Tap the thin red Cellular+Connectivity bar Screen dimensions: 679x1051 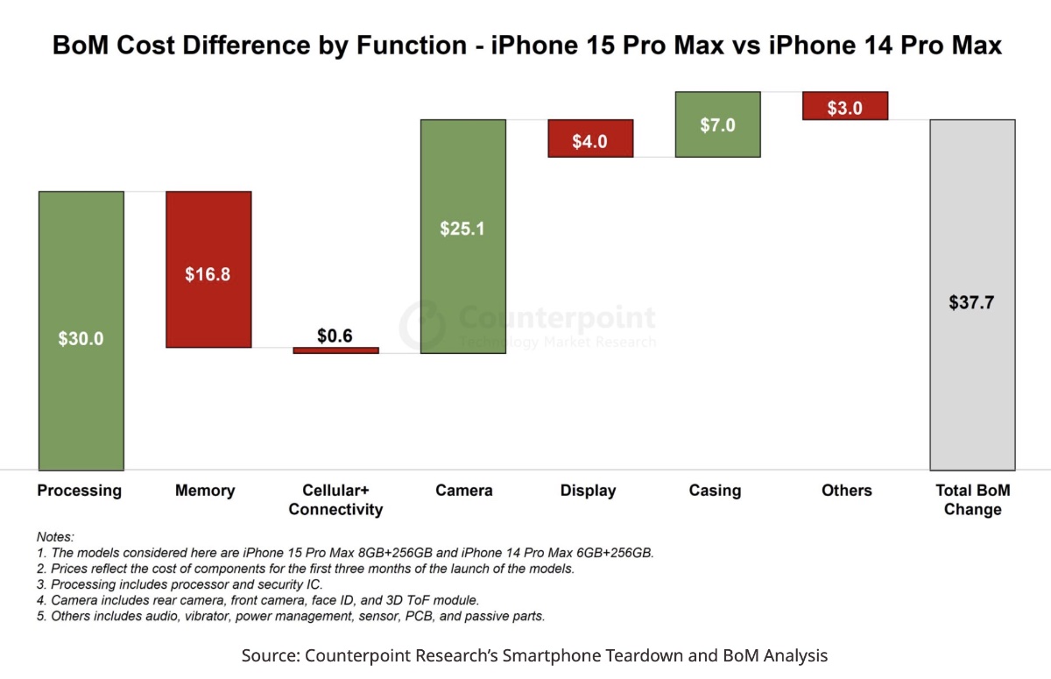coord(336,350)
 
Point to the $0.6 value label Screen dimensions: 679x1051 coord(335,336)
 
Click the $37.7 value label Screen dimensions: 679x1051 coord(972,303)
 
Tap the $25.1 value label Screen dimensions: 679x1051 coord(463,229)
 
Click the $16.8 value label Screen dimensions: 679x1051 coord(208,274)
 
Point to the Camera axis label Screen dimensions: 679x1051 coord(463,491)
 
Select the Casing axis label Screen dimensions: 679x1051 coord(715,491)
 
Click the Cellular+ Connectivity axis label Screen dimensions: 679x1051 coord(336,499)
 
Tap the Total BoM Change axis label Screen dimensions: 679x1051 coord(972,499)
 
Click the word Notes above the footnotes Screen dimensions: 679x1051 coord(55,536)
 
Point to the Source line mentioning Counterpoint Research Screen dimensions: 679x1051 coord(534,655)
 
